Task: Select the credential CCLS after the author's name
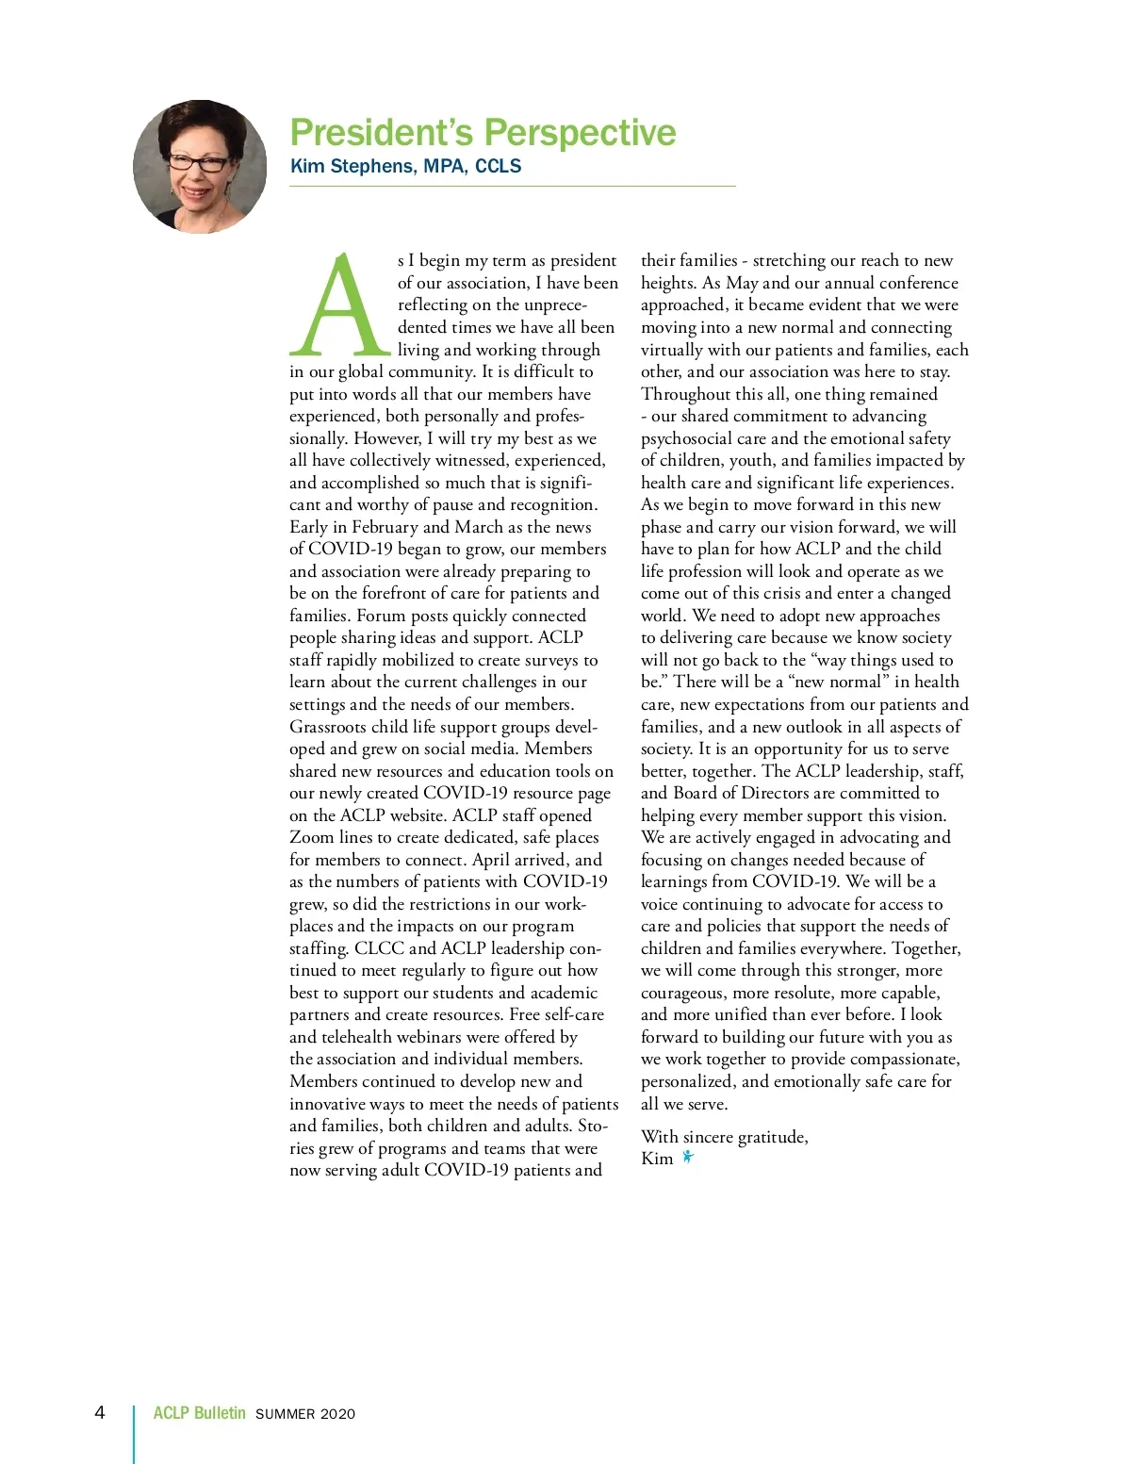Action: tap(498, 166)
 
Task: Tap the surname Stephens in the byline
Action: tap(371, 167)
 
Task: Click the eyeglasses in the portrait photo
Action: tap(199, 163)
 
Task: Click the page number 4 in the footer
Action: tap(100, 1412)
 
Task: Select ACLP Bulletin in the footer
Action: tap(199, 1413)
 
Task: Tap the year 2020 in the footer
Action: tap(337, 1414)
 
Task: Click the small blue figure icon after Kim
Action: tap(688, 1157)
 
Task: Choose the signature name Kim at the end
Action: tap(657, 1159)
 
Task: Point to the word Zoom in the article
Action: tap(311, 837)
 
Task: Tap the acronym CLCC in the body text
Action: tap(379, 948)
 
